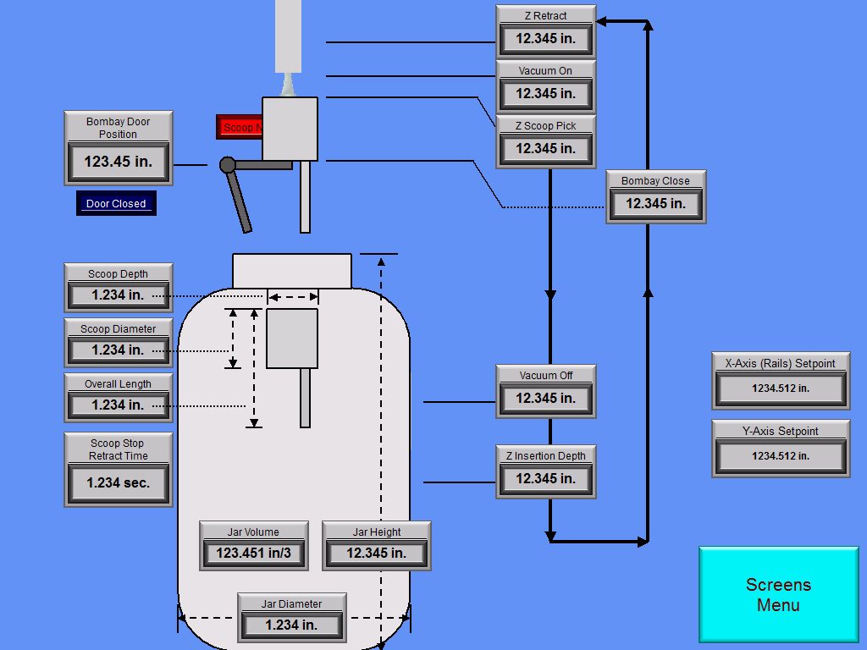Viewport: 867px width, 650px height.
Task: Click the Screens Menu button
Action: [x=778, y=594]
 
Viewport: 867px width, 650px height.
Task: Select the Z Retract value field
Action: [x=545, y=39]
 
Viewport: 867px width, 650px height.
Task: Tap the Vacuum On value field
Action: [x=545, y=94]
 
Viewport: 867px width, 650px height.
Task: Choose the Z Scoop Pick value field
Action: [x=545, y=149]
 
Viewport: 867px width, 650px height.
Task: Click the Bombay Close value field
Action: [x=655, y=204]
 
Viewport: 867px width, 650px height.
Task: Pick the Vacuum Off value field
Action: [x=545, y=399]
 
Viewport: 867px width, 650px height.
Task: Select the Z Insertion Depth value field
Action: [x=545, y=479]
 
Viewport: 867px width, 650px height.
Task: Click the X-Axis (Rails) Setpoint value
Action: [x=780, y=388]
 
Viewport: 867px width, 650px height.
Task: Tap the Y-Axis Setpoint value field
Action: [x=780, y=456]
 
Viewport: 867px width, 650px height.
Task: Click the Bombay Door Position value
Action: [x=118, y=162]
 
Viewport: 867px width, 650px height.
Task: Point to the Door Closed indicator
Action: [x=116, y=204]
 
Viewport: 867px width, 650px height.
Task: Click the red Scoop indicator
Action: [x=239, y=127]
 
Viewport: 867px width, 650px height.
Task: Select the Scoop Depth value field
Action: [x=118, y=295]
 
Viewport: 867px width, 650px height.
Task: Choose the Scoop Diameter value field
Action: [x=118, y=350]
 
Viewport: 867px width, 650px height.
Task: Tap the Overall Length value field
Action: [x=118, y=405]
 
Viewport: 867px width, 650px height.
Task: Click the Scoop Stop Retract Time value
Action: [x=118, y=483]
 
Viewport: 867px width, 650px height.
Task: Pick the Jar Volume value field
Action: [x=253, y=554]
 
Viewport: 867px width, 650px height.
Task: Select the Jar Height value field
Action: [x=376, y=554]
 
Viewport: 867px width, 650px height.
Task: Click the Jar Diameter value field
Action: [x=291, y=625]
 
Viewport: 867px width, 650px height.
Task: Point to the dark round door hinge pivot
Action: [x=228, y=165]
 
